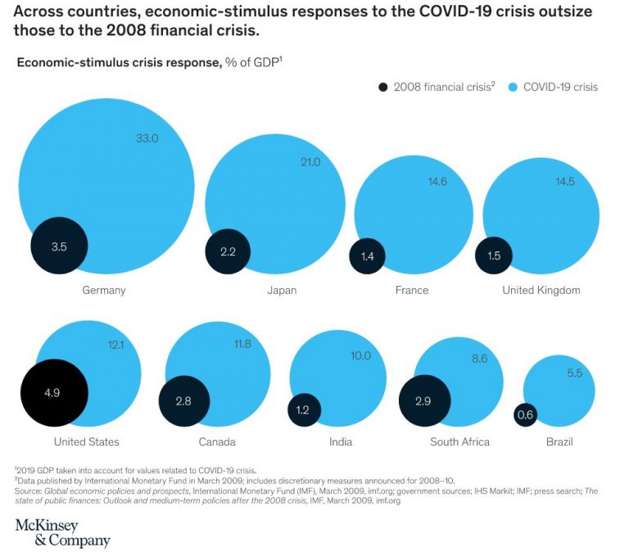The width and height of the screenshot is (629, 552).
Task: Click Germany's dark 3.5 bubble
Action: point(59,246)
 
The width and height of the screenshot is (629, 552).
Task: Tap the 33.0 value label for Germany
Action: point(147,138)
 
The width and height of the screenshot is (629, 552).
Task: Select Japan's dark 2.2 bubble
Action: point(228,251)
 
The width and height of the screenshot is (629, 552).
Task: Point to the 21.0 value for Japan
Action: point(310,162)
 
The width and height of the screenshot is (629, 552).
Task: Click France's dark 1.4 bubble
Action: point(367,256)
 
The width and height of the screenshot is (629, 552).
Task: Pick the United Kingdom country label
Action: point(541,290)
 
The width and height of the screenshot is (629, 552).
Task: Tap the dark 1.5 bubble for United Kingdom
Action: point(494,256)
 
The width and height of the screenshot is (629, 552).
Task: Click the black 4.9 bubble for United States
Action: point(53,392)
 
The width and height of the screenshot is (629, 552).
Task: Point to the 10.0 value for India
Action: point(360,355)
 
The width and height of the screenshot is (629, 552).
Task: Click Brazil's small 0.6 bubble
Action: point(525,416)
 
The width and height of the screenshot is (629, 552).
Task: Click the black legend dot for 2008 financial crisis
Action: point(382,87)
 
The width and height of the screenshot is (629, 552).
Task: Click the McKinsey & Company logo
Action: point(62,532)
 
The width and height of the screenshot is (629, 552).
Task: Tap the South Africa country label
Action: point(459,441)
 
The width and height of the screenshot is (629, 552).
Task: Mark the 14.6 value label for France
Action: point(437,181)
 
